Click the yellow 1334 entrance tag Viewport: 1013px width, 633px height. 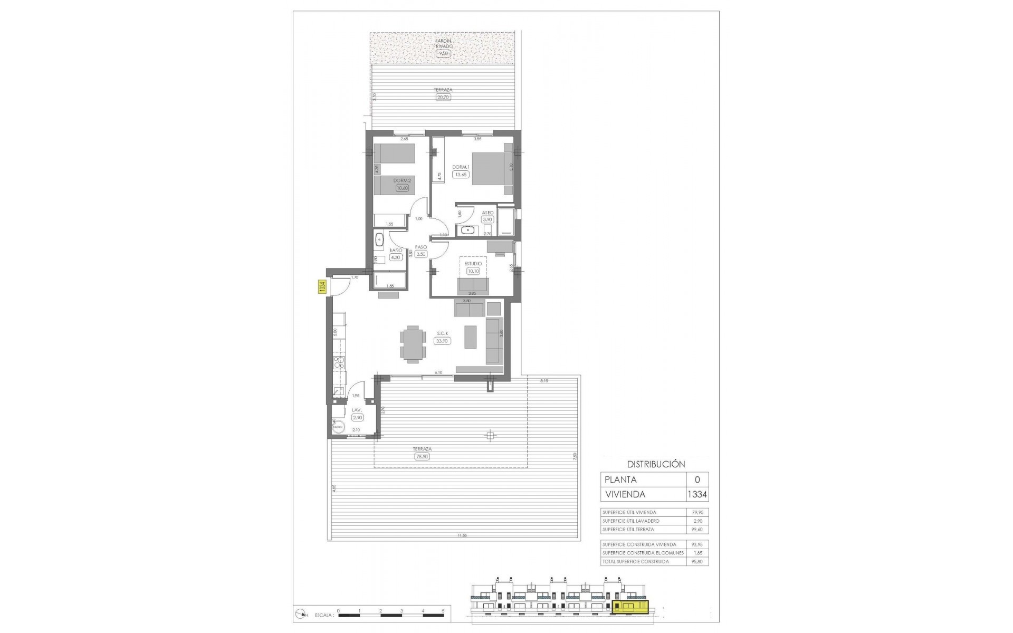pyautogui.click(x=321, y=287)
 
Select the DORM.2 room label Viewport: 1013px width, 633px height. pyautogui.click(x=402, y=180)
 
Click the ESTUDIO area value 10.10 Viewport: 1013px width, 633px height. pyautogui.click(x=473, y=271)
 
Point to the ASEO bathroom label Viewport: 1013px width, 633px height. pyautogui.click(x=488, y=213)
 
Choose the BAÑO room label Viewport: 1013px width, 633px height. pyautogui.click(x=396, y=251)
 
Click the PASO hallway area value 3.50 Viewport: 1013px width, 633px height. pyautogui.click(x=421, y=254)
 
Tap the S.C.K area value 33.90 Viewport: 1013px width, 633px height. pyautogui.click(x=442, y=341)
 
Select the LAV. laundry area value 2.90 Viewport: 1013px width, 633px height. pyautogui.click(x=357, y=417)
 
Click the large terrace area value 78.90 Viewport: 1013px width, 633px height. pyautogui.click(x=422, y=457)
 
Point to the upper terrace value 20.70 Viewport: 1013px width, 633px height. pyautogui.click(x=444, y=97)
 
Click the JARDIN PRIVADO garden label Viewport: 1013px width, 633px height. pyautogui.click(x=444, y=43)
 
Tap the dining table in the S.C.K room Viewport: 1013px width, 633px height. pyautogui.click(x=411, y=344)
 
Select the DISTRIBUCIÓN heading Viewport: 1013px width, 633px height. pyautogui.click(x=656, y=464)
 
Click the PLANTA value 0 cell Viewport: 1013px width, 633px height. pyautogui.click(x=697, y=479)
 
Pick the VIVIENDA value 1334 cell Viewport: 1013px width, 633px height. pyautogui.click(x=697, y=494)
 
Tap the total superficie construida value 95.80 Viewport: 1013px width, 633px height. pyautogui.click(x=697, y=562)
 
